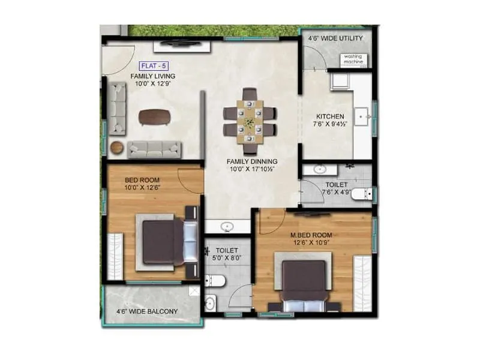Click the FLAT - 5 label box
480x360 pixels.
point(153,65)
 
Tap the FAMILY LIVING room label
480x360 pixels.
point(153,77)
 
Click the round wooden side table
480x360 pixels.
point(117,147)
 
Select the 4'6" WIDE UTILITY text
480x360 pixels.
point(336,39)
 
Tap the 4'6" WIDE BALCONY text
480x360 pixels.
point(148,311)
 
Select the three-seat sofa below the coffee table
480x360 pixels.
point(154,148)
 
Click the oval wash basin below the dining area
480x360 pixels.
point(227,227)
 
